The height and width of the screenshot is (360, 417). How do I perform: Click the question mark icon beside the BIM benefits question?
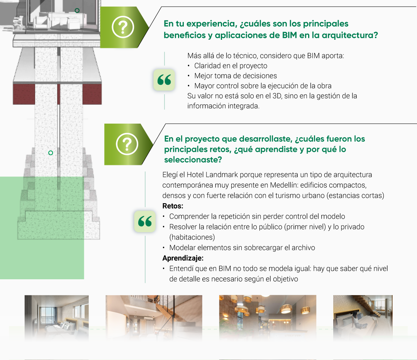(x=123, y=27)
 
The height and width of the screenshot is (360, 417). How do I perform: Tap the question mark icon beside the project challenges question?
(x=127, y=144)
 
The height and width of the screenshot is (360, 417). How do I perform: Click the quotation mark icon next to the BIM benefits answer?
(x=164, y=80)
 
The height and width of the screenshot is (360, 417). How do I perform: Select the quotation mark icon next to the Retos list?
(x=145, y=221)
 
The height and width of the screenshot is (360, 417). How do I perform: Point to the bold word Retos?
(x=173, y=206)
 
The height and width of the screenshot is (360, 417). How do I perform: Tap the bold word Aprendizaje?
(x=183, y=258)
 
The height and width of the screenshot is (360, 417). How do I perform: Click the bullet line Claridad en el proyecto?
(x=231, y=66)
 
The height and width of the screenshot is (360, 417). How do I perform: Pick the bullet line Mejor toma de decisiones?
(x=236, y=76)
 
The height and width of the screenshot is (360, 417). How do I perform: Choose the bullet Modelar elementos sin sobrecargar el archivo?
(x=242, y=248)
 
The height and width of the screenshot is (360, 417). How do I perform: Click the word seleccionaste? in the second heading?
(x=193, y=160)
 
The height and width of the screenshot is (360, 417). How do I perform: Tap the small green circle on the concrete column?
(x=51, y=153)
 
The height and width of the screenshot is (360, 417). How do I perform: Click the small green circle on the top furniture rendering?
(x=77, y=11)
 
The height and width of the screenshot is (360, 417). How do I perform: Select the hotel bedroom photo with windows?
(x=57, y=317)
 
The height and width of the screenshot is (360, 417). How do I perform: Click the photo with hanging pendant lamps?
(x=268, y=317)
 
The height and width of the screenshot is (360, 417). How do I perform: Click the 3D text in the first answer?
(x=277, y=96)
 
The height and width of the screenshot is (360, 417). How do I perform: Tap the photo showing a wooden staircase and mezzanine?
(x=154, y=317)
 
